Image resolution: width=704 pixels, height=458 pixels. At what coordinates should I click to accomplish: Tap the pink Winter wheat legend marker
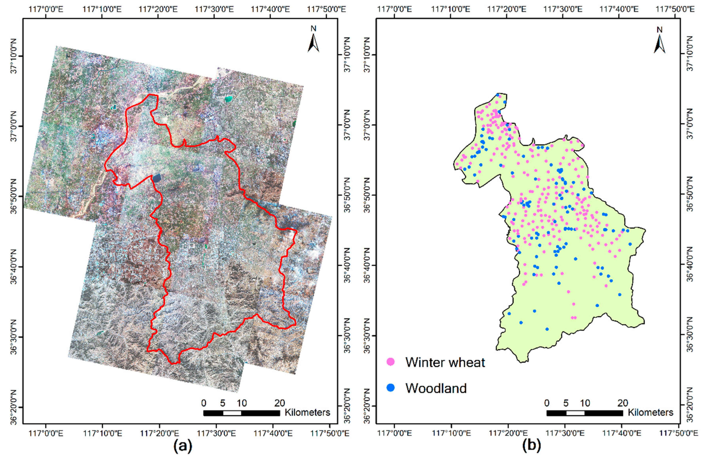391,362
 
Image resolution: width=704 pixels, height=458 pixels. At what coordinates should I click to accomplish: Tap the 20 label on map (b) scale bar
623,403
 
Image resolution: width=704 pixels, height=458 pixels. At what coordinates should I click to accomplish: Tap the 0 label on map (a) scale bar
204,403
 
